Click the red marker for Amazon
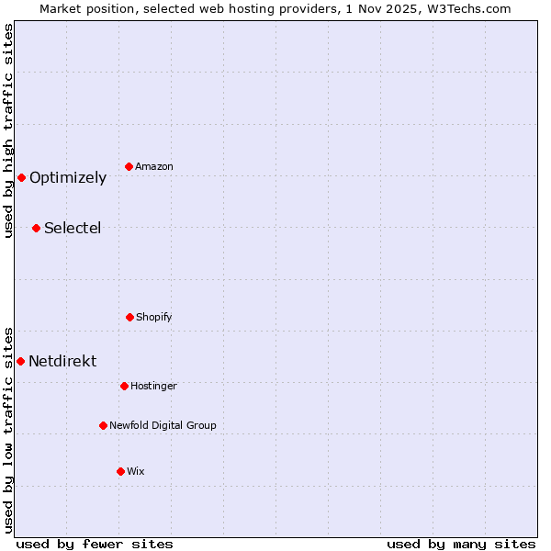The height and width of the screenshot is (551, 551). click(129, 166)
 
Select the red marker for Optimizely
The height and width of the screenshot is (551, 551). click(21, 177)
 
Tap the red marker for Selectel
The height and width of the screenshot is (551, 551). click(36, 228)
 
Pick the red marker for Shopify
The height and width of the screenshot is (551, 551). click(129, 317)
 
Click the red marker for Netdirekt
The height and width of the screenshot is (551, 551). click(20, 361)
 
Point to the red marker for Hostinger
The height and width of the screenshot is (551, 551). click(124, 386)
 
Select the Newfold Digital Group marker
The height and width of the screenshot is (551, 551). click(103, 425)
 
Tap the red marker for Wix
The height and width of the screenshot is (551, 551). click(120, 471)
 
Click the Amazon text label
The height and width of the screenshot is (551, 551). click(154, 166)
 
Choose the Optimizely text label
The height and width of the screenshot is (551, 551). click(68, 178)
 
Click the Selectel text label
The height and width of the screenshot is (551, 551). click(73, 229)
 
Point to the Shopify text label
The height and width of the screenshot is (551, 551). click(154, 317)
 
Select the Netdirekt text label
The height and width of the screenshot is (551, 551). click(62, 362)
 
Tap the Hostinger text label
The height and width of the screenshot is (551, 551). click(153, 386)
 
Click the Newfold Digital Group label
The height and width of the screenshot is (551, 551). click(163, 425)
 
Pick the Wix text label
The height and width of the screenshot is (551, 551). click(136, 471)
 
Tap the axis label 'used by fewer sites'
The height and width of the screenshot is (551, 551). click(95, 544)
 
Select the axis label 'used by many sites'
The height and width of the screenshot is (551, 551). click(461, 544)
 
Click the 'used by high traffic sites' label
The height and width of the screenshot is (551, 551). click(8, 130)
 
